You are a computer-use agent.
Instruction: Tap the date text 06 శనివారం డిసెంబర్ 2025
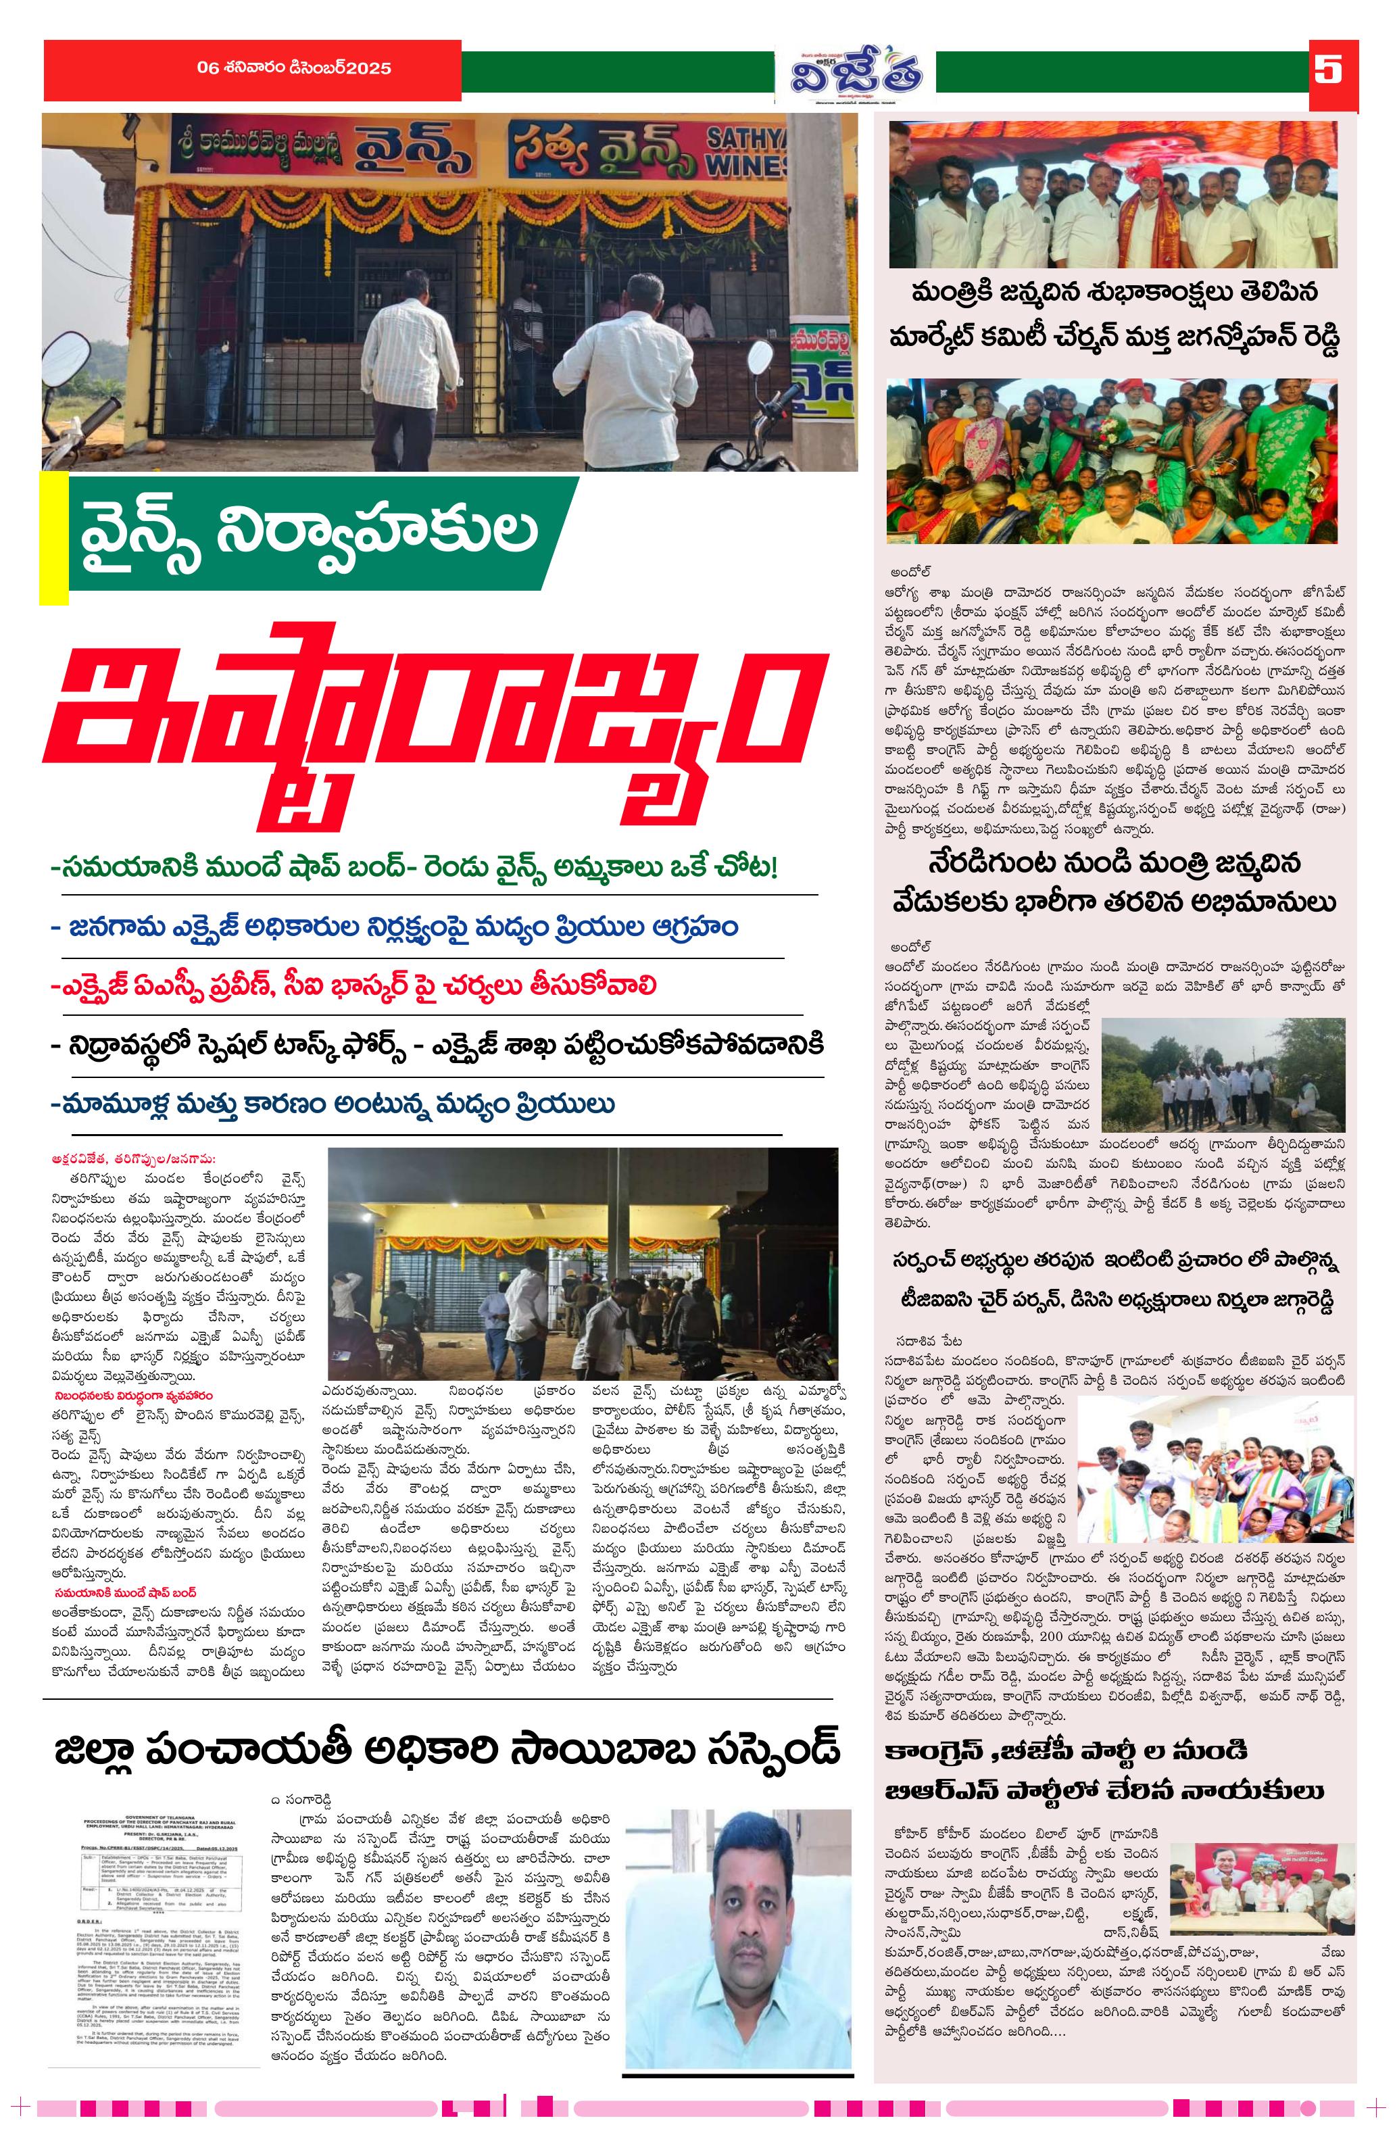(295, 68)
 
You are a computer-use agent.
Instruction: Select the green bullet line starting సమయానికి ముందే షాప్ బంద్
(415, 868)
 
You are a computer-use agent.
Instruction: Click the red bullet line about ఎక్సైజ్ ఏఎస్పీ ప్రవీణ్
(353, 985)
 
